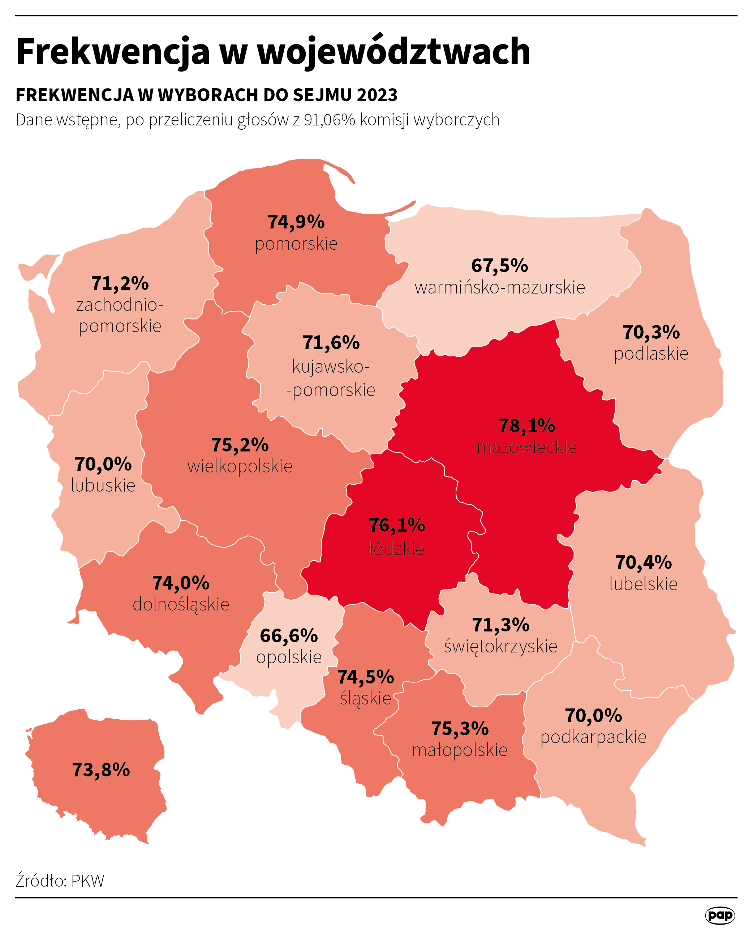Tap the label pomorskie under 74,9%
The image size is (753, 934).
[296, 244]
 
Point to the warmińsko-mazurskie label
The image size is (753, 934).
[499, 287]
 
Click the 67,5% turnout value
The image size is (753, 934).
[499, 266]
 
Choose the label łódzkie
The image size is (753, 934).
[396, 549]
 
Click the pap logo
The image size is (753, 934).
[720, 915]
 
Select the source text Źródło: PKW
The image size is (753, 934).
[60, 881]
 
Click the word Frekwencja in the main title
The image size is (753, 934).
[113, 52]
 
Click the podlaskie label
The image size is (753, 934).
[651, 354]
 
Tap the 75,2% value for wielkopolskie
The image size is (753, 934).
[240, 445]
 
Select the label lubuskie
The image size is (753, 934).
[103, 485]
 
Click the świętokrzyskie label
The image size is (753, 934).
[500, 646]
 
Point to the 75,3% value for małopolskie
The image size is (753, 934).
[459, 729]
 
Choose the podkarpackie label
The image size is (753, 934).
[593, 737]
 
